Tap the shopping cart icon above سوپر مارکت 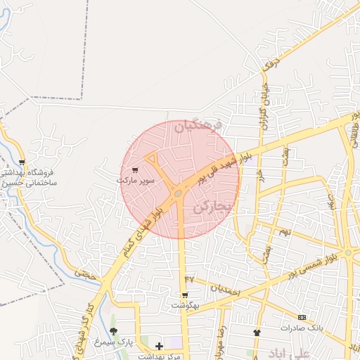[135, 170]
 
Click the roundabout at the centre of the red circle [179, 192]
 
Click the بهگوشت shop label [185, 307]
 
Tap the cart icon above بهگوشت [185, 296]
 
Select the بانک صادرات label [301, 328]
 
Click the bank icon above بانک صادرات [302, 317]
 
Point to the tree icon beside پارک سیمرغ [114, 330]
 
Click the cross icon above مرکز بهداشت [159, 346]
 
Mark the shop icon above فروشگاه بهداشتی [22, 162]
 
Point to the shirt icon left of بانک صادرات [257, 332]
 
